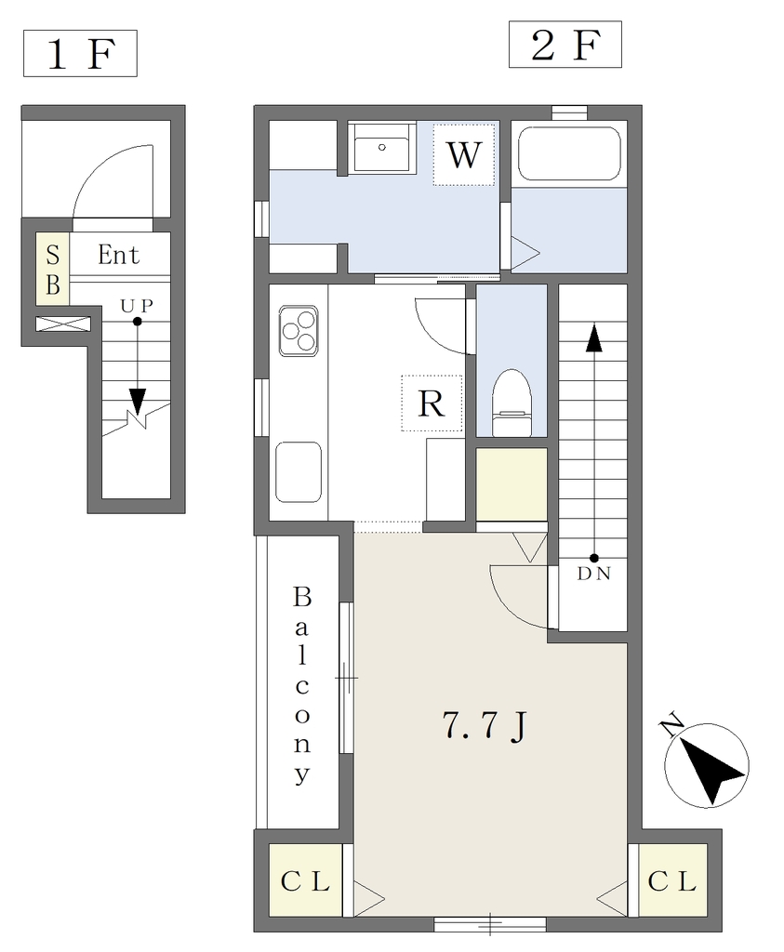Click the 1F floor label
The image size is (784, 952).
coord(80,53)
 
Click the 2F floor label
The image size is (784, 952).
coord(565,45)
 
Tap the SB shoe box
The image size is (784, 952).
coord(53,269)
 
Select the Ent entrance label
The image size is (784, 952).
coord(119,255)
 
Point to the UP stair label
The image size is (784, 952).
coord(137,307)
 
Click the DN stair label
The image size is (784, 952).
coord(594,574)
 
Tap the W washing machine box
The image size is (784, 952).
coord(464,154)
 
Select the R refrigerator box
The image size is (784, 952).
coord(432,403)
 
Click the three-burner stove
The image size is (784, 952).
coord(299,331)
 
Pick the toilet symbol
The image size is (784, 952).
coord(512,403)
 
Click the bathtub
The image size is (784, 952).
coord(569,153)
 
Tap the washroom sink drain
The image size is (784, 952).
coord(382,147)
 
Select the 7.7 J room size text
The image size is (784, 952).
coord(485,725)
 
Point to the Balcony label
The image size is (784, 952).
coord(302,685)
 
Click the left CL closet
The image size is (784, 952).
coord(305,879)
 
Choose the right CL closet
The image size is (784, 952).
coord(672,879)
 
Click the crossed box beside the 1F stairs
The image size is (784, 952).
coord(63,324)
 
